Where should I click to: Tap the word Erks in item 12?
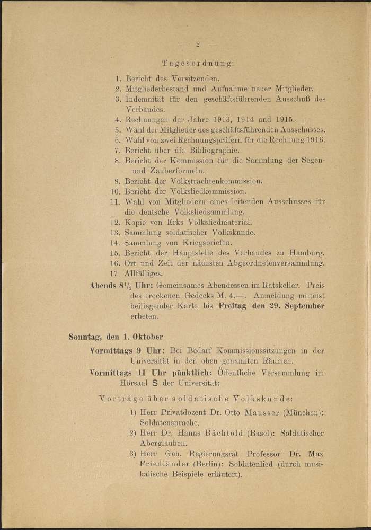tap(180, 223)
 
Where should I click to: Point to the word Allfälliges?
tap(144, 274)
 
